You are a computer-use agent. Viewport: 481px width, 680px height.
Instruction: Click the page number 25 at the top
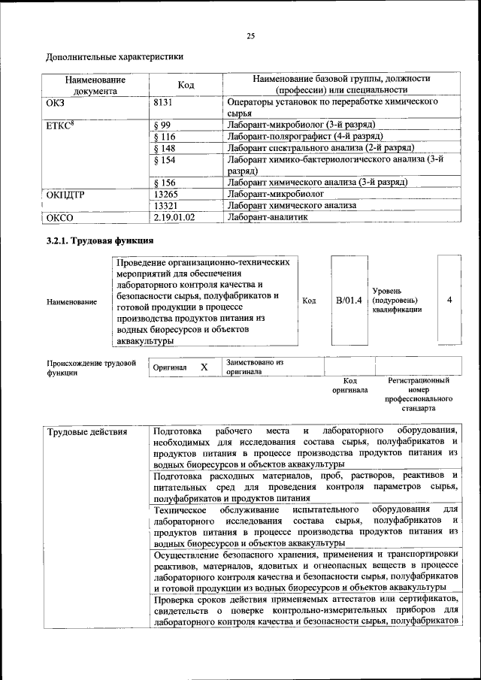pos(250,35)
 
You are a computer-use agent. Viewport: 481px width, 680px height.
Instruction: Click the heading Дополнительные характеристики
pos(114,56)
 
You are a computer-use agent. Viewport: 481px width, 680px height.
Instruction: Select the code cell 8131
pos(165,101)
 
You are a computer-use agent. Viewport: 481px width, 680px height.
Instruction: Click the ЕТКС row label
pos(59,124)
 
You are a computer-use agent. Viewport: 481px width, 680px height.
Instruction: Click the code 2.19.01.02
pos(174,217)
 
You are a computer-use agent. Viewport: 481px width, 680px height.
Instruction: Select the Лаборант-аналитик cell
pos(267,217)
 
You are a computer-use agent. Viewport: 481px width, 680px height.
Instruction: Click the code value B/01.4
pos(349,301)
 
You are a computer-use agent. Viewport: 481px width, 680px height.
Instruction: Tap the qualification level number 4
pos(449,301)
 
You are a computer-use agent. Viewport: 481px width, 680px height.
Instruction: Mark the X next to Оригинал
pos(204,367)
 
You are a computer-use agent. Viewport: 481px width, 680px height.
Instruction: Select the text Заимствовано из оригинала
pos(254,367)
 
